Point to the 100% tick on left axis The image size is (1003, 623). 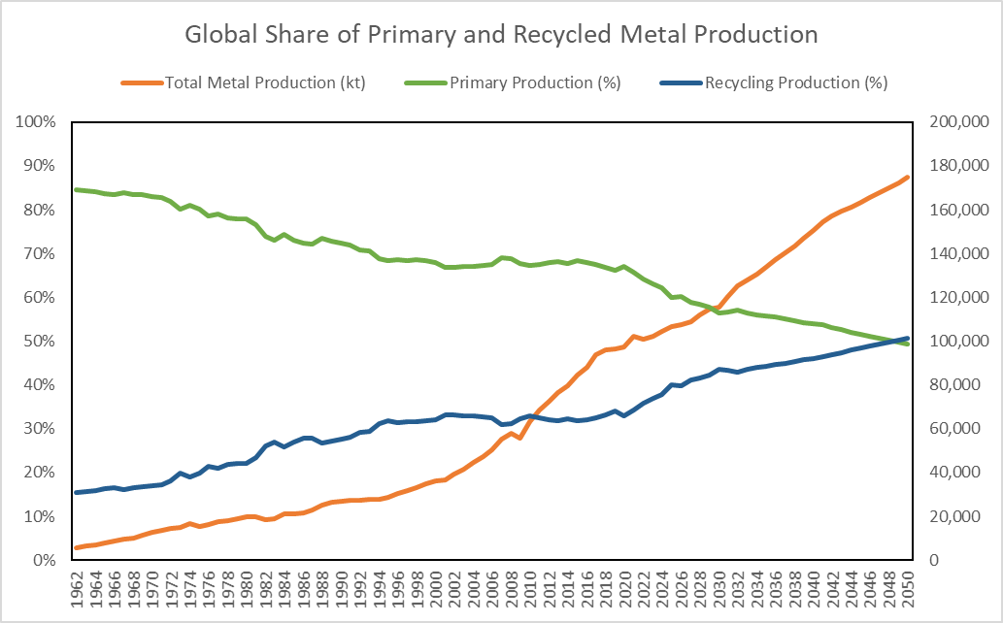[x=35, y=122]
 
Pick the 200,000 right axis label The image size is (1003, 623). [x=954, y=122]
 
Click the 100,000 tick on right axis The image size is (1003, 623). [x=954, y=342]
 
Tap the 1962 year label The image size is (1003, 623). [x=78, y=589]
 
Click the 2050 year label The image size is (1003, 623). [x=907, y=589]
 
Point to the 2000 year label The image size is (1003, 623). [x=436, y=589]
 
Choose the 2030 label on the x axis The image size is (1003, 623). [x=719, y=589]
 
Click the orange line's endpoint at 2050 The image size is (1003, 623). [x=907, y=177]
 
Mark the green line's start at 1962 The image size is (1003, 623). [x=77, y=189]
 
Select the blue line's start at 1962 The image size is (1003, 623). [x=77, y=493]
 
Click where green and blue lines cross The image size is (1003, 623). [x=892, y=341]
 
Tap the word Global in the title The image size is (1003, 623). [x=217, y=35]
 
